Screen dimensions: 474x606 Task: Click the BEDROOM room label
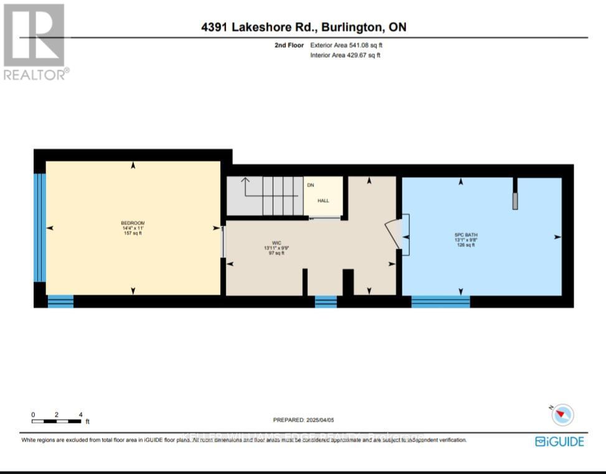pyautogui.click(x=133, y=223)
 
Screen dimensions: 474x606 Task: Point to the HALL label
pyautogui.click(x=323, y=201)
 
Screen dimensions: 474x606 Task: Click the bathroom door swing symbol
pyautogui.click(x=397, y=235)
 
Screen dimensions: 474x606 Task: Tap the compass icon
pyautogui.click(x=562, y=414)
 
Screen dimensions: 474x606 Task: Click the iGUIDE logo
pyautogui.click(x=559, y=442)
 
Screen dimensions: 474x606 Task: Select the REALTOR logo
pyautogui.click(x=34, y=42)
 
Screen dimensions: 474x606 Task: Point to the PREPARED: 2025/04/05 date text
pyautogui.click(x=308, y=420)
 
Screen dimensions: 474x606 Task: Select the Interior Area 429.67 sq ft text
pyautogui.click(x=345, y=55)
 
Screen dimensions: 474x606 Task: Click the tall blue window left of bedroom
pyautogui.click(x=40, y=227)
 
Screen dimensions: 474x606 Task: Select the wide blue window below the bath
pyautogui.click(x=440, y=302)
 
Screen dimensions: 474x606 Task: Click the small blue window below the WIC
pyautogui.click(x=325, y=302)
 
